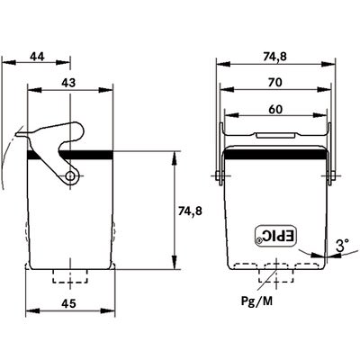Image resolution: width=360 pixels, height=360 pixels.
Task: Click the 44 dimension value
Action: [37, 57]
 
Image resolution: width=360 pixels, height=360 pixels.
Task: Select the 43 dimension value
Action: [68, 83]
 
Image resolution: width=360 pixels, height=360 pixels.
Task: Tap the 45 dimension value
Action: [68, 303]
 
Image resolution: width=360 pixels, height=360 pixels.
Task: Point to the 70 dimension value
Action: [275, 82]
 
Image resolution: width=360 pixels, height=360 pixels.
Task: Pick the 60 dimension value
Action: [275, 110]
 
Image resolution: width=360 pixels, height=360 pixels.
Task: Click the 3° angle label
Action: [342, 246]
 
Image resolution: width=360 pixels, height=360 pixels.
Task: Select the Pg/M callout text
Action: [257, 301]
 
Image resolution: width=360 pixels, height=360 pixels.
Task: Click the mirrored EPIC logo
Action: [276, 236]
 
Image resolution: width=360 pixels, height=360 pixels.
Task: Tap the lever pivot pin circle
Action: [71, 175]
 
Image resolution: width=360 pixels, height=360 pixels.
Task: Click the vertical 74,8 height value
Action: [190, 211]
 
